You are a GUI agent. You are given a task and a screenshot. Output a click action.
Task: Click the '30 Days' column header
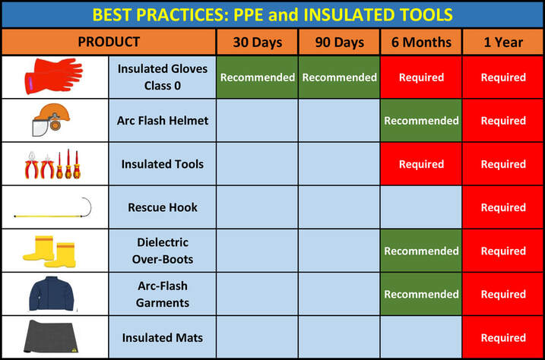point(257,43)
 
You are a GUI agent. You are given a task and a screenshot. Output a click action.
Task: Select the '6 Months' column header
point(421,43)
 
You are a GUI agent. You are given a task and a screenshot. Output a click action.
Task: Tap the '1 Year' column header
point(503,43)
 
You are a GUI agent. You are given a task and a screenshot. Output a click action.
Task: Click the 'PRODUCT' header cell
point(109,42)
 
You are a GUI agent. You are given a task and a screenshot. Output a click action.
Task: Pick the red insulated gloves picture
point(53,76)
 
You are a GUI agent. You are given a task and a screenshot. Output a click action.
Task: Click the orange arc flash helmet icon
point(51,119)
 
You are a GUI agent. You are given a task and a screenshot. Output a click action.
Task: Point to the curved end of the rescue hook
point(88,206)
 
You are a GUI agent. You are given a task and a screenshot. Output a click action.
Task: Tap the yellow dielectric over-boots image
point(49,251)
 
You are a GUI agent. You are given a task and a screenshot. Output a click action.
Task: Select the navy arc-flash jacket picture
point(52,293)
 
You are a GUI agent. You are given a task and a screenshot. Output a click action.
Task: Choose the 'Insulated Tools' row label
point(163,164)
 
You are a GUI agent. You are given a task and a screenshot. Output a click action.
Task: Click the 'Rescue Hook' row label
point(163,207)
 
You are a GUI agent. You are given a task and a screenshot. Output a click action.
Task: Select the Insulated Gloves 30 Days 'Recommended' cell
point(257,77)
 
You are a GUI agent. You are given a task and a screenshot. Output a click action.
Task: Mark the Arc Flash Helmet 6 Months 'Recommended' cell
point(421,121)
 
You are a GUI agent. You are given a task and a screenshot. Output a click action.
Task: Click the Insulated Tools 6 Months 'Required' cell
point(421,164)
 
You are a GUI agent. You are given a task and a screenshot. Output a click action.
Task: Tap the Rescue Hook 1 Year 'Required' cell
point(503,207)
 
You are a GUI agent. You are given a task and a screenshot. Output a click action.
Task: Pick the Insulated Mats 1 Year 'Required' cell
point(503,337)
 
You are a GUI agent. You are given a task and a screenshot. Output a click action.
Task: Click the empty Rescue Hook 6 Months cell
point(421,207)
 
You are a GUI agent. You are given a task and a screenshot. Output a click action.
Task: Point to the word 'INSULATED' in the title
point(349,15)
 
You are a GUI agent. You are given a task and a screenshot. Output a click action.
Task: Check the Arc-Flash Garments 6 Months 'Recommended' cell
point(421,294)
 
